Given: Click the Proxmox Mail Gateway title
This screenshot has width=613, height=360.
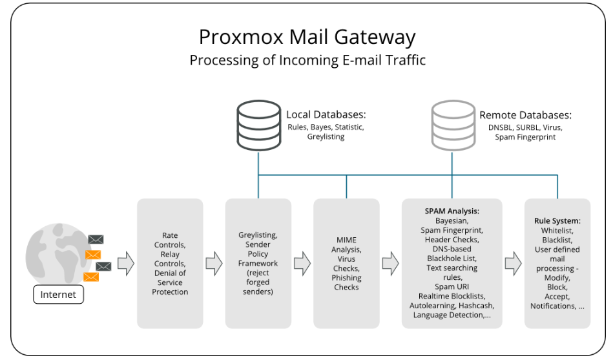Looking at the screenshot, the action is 307,37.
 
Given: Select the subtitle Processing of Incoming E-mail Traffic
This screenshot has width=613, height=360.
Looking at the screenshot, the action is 307,60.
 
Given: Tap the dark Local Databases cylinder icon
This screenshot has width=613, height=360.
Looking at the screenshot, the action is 259,125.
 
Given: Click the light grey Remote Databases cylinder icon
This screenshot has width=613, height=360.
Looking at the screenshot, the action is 453,125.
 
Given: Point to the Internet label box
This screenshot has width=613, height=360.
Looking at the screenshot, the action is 58,294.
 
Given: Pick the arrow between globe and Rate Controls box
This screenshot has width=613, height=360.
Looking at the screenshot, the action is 126,263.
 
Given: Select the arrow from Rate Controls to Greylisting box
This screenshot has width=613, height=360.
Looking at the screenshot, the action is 214,263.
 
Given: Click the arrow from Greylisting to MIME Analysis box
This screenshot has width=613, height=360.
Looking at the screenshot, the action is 302,263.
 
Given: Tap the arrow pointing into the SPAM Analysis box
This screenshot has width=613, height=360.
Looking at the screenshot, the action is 391,263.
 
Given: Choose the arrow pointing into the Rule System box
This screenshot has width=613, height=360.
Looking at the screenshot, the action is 514,263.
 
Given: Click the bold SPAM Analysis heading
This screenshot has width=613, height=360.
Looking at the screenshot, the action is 452,211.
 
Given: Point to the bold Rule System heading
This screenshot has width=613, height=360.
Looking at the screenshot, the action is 557,220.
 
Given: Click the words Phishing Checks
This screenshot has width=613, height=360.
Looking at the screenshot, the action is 346,282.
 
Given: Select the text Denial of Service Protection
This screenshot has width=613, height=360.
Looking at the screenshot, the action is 170,282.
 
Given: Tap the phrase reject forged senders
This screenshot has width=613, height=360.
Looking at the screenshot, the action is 258,282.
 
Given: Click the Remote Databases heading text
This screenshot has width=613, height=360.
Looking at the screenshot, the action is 525,115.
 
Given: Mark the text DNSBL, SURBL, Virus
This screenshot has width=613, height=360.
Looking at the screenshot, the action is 525,127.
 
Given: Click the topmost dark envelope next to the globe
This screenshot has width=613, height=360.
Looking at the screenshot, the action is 96,240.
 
